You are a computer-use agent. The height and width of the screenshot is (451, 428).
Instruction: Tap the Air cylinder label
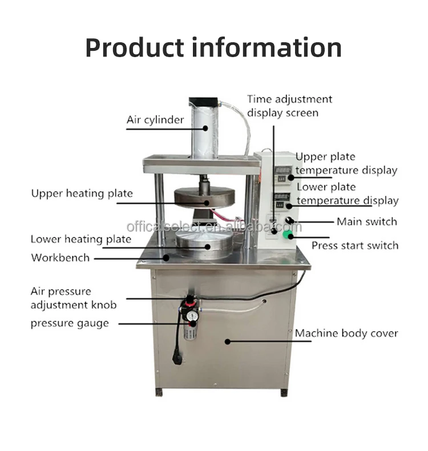pos(155,120)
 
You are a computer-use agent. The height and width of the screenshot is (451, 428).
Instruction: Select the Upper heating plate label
pos(82,194)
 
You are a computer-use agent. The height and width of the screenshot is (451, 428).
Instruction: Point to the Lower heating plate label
pos(80,239)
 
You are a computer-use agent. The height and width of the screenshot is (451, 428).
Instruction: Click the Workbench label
pos(60,257)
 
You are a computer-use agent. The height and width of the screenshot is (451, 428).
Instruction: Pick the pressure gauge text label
pos(69,324)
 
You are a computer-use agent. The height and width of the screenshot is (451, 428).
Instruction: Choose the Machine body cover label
pos(346,333)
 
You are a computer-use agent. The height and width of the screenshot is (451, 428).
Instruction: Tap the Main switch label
pos(366,222)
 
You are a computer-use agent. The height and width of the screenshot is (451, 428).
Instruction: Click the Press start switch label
pos(354,245)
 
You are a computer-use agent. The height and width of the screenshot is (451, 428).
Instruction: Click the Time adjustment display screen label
pos(289,106)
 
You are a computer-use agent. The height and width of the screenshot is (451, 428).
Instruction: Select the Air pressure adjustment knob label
pos(73,298)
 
